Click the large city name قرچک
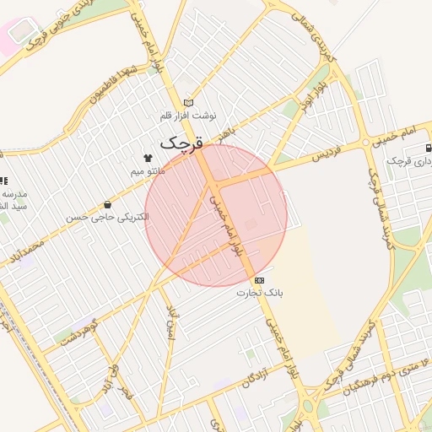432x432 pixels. point(182,143)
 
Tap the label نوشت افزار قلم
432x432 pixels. point(189,115)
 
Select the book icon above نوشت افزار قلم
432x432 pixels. point(188,103)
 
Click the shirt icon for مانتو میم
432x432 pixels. point(148,158)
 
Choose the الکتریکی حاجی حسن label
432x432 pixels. point(107,217)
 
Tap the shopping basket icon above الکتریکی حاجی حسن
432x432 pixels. point(107,204)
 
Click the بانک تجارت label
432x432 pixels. point(260,293)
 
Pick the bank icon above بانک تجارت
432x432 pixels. point(259,280)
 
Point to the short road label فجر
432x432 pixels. point(127,393)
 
